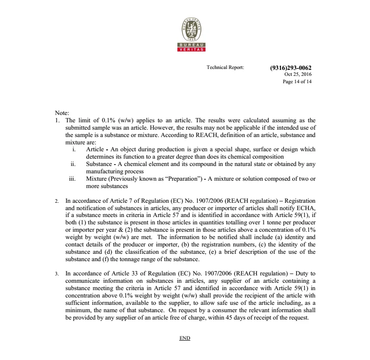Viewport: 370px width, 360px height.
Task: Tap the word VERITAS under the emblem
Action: [x=185, y=49]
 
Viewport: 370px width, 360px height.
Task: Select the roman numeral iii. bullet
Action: [x=72, y=178]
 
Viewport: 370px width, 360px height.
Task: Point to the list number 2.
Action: [x=57, y=201]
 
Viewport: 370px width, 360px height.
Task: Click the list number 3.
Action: [x=57, y=274]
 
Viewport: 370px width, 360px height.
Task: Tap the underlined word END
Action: [x=185, y=338]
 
